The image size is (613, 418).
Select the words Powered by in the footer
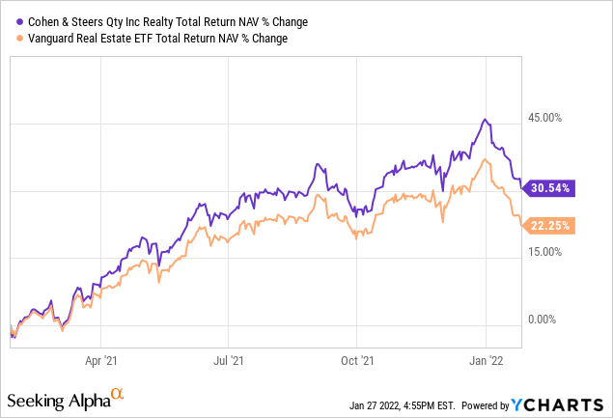click(x=487, y=403)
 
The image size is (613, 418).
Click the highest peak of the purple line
click(x=486, y=120)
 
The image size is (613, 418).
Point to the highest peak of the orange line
click(x=482, y=159)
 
